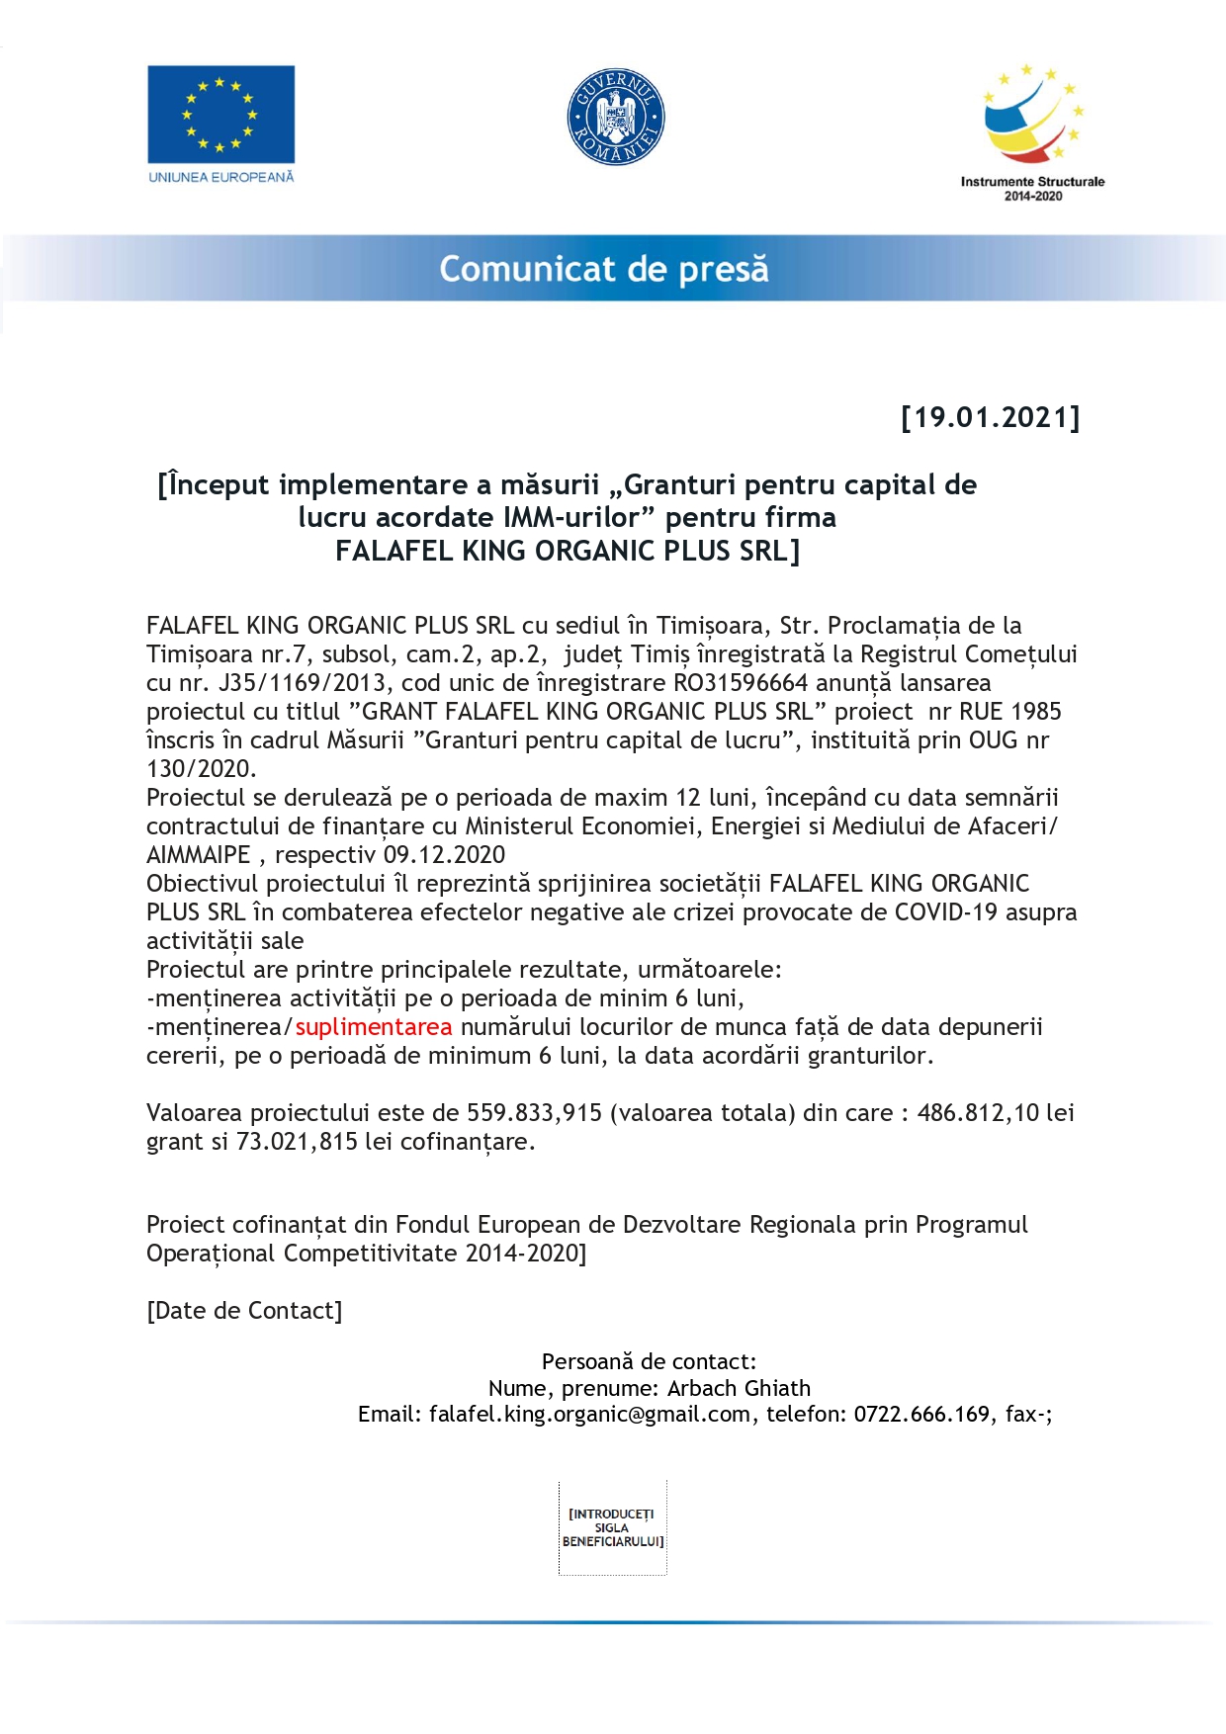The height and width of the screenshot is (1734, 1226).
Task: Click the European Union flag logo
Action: click(x=220, y=114)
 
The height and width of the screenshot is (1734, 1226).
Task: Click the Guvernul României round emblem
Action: click(x=615, y=118)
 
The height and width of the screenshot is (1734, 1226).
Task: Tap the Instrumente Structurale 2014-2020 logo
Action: click(x=1032, y=130)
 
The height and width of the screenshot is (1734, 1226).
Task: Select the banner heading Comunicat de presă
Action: click(x=603, y=269)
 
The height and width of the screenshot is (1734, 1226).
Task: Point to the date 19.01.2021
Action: click(x=991, y=417)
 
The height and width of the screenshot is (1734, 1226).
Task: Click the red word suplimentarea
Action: click(x=373, y=1027)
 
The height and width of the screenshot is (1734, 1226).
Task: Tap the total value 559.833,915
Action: click(x=534, y=1113)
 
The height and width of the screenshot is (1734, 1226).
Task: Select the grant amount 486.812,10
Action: click(x=978, y=1113)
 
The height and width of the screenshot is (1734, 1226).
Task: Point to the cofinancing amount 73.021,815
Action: click(x=297, y=1142)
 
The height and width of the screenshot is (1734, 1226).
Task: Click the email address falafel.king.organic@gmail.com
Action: click(x=589, y=1415)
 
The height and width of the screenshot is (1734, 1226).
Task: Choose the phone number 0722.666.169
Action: click(x=921, y=1415)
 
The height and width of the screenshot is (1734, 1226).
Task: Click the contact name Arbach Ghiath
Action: click(x=739, y=1389)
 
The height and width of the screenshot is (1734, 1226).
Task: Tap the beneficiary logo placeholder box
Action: click(x=612, y=1527)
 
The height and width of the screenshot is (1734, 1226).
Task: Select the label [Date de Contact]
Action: click(x=244, y=1311)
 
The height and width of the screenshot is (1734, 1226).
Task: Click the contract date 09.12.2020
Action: click(x=444, y=855)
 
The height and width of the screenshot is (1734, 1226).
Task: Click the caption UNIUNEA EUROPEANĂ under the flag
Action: click(x=220, y=177)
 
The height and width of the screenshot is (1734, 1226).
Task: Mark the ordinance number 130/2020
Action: click(x=201, y=769)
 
